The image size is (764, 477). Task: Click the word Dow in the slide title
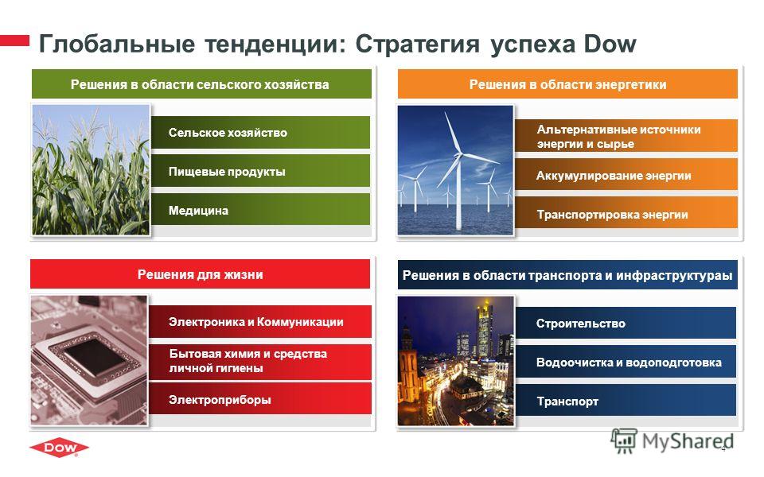[x=610, y=44]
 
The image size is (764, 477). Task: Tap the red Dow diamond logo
[x=59, y=448]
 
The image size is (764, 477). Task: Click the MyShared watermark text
[x=688, y=441]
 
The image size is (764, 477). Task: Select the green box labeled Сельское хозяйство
[x=261, y=133]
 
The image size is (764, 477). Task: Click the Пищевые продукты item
[x=261, y=171]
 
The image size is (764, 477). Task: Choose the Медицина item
[x=261, y=210]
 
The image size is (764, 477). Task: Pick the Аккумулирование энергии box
[x=626, y=174]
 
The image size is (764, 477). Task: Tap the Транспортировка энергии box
[x=626, y=213]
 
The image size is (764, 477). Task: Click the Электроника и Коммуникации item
[x=259, y=321]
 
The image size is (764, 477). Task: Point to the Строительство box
[x=626, y=323]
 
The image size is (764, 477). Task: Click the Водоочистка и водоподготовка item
[x=626, y=362]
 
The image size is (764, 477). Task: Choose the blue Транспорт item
[x=626, y=400]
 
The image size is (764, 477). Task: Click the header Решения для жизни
[x=200, y=274]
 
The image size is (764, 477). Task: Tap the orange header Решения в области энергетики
[x=567, y=84]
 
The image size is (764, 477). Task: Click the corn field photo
[x=91, y=170]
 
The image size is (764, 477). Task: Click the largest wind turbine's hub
[x=458, y=155]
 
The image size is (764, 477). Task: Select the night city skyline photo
[x=455, y=361]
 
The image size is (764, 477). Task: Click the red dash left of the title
[x=14, y=41]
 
